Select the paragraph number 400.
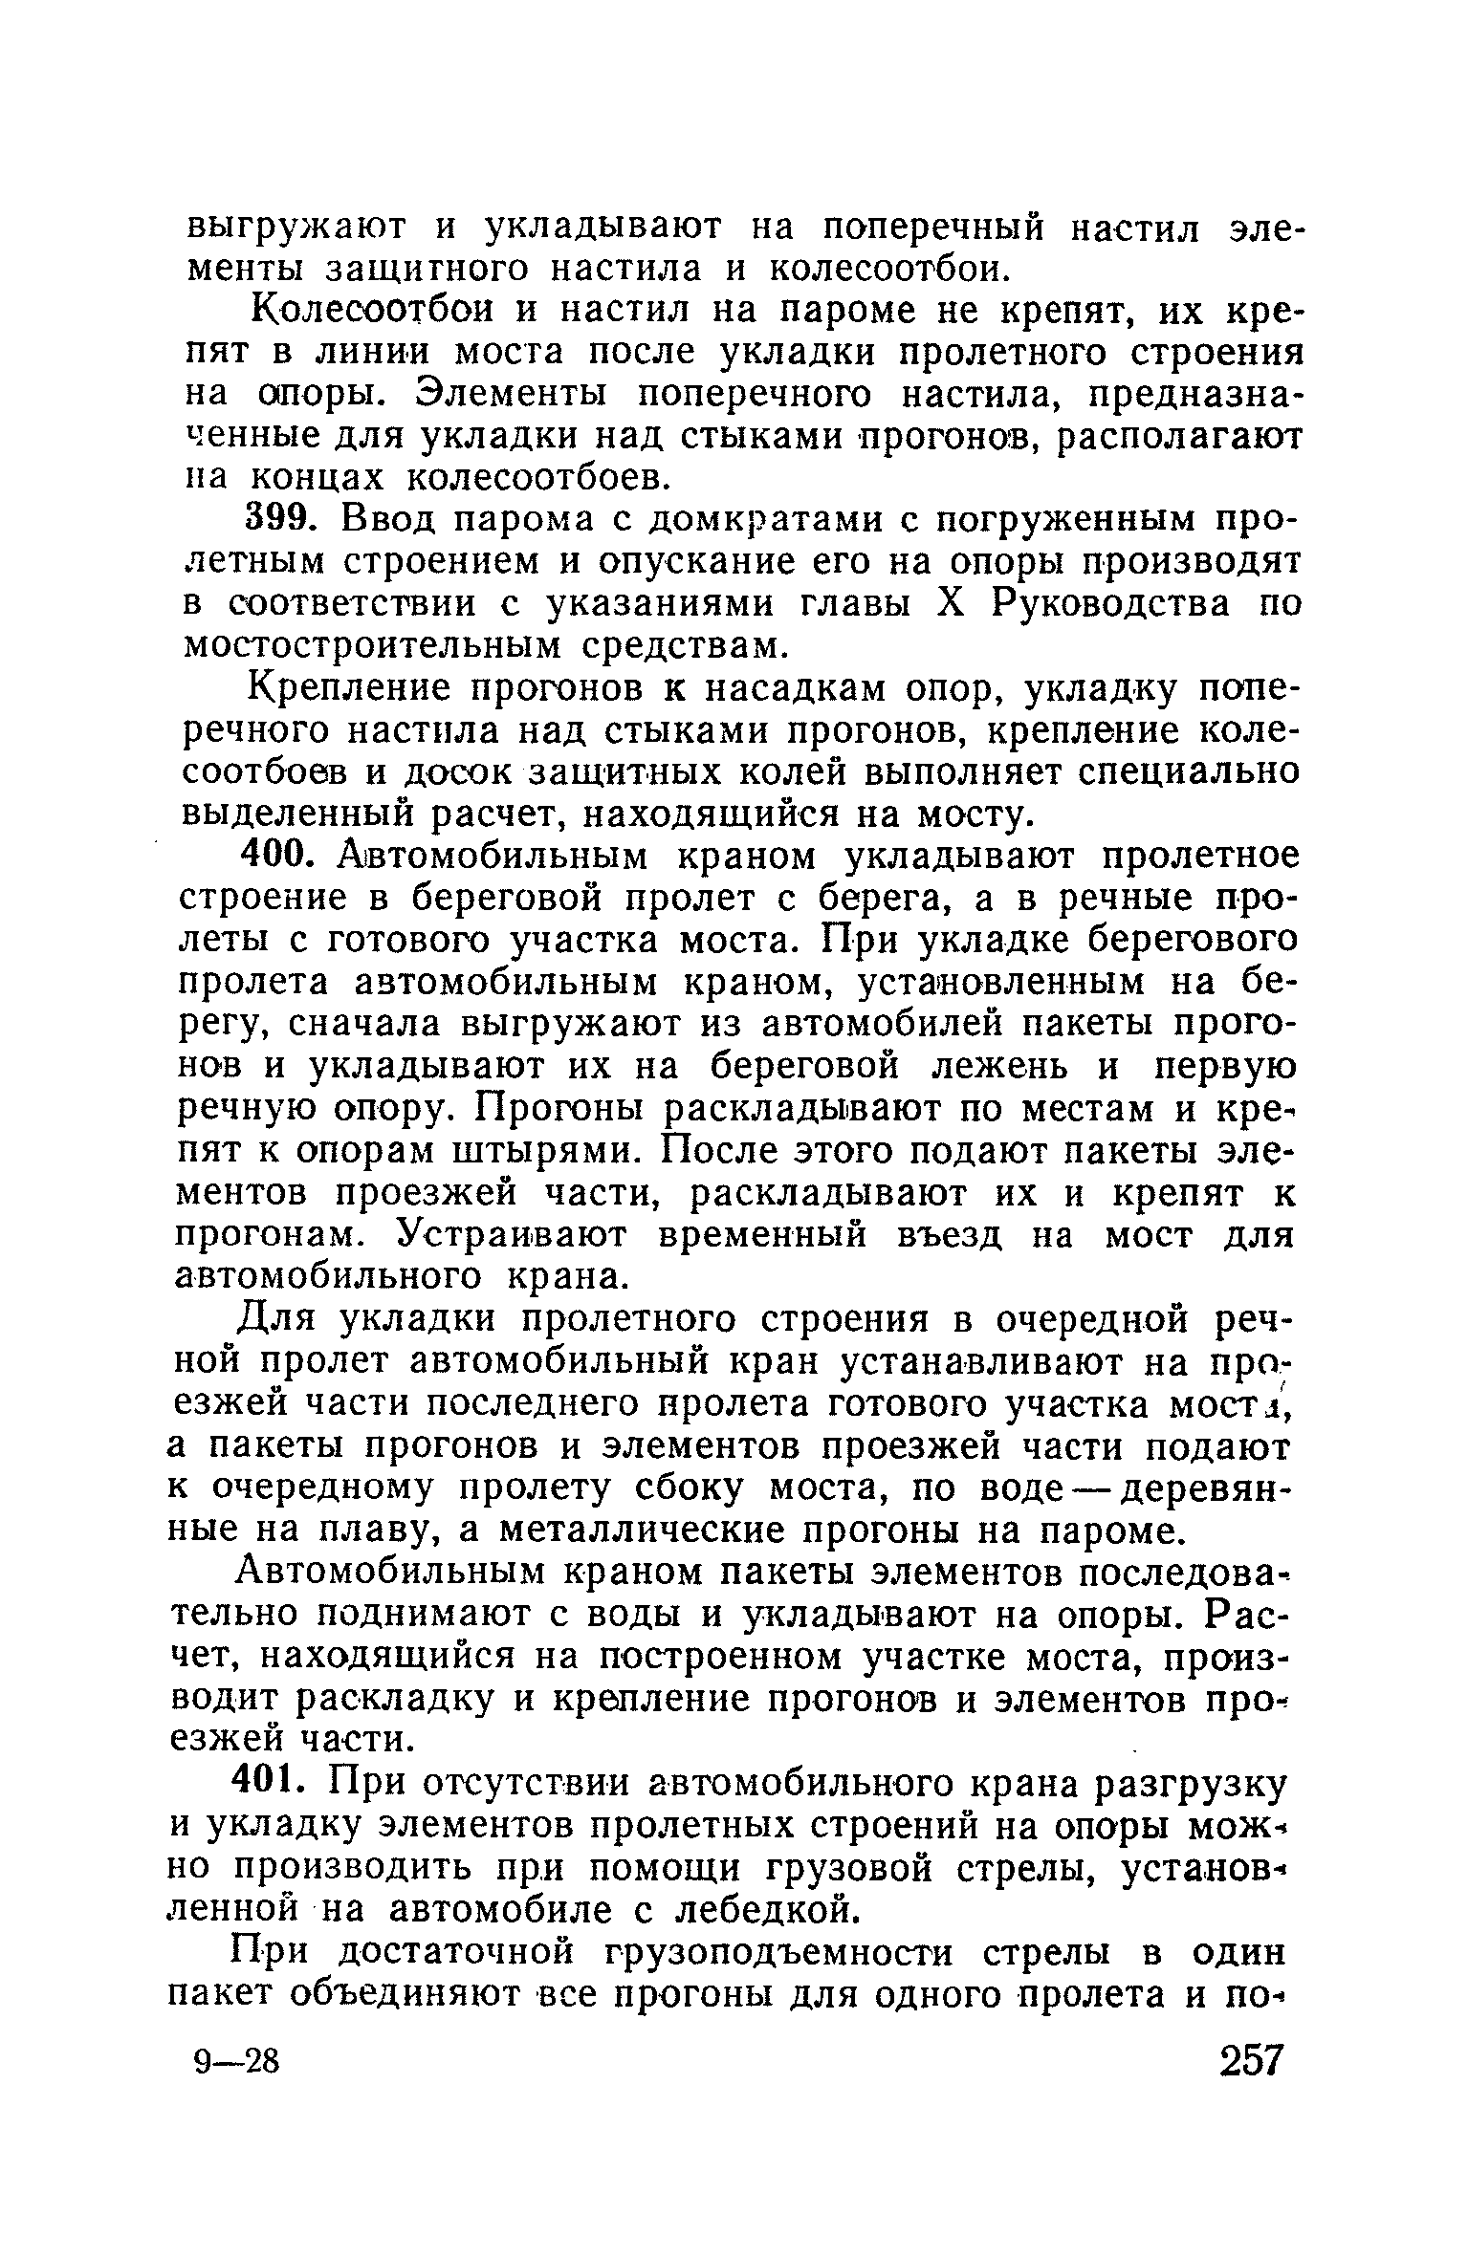(276, 857)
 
